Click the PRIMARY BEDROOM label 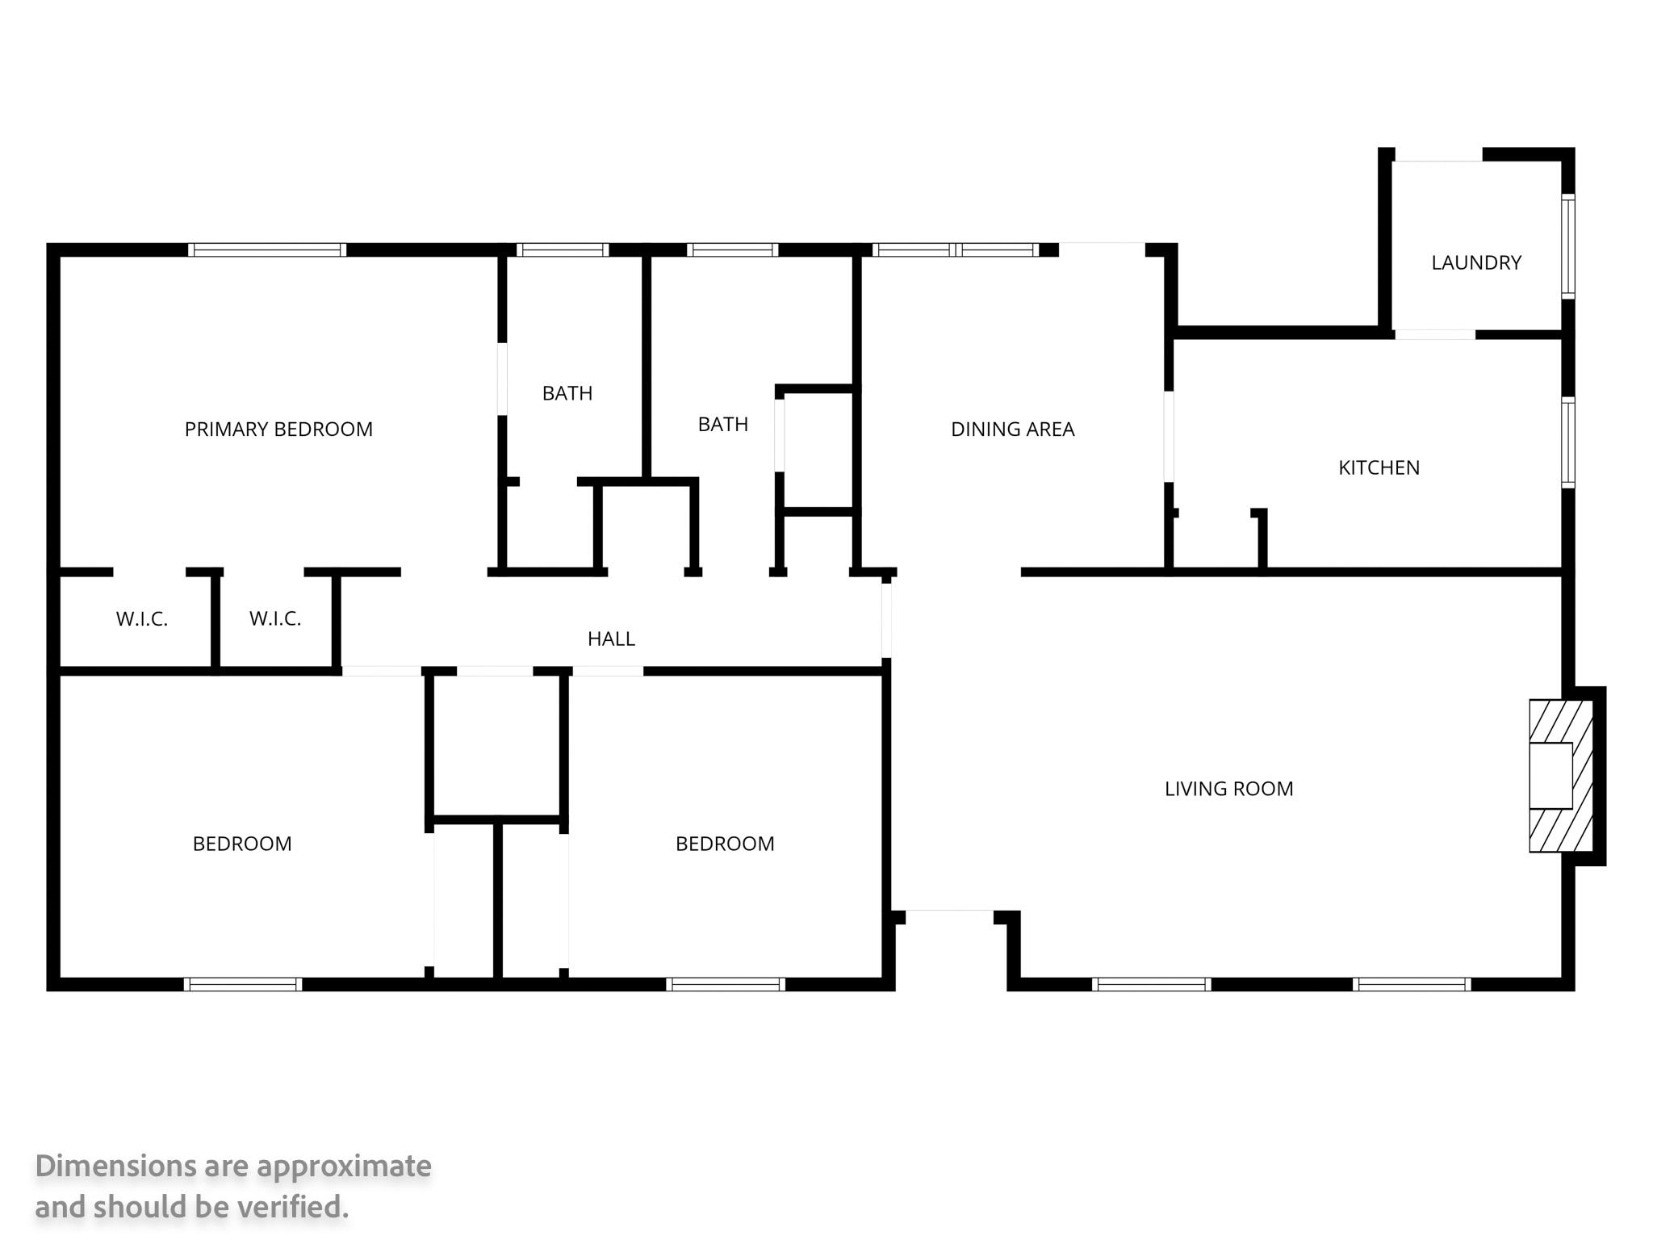(x=278, y=429)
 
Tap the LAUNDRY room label (x=1476, y=262)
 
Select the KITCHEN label (x=1379, y=467)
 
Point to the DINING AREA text (x=1012, y=429)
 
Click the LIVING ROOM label (x=1228, y=789)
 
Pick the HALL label (x=611, y=639)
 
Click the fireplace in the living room (x=1561, y=776)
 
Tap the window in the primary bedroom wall (x=267, y=249)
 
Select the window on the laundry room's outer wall (x=1567, y=246)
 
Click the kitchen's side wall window (x=1567, y=442)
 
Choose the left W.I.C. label (x=142, y=619)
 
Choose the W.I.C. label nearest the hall (x=275, y=619)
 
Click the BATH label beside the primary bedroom (x=567, y=393)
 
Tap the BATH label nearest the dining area (x=723, y=424)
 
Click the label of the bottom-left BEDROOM (x=242, y=844)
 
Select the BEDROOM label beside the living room (x=725, y=844)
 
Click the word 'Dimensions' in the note (x=115, y=1167)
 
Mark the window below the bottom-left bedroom (x=243, y=984)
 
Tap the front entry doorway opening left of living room (x=949, y=912)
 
